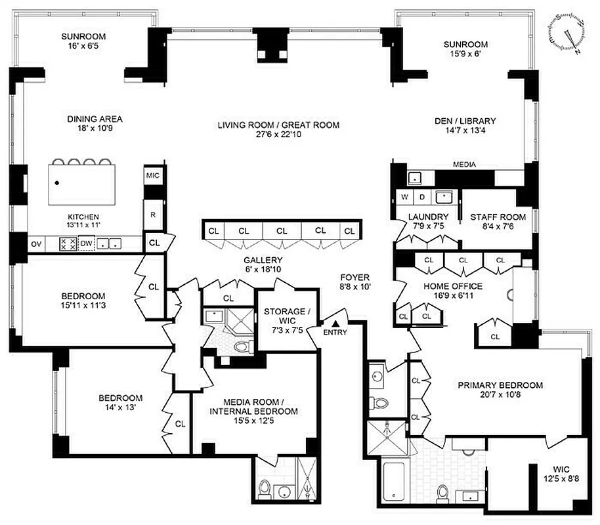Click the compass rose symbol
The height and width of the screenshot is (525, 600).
[568, 33]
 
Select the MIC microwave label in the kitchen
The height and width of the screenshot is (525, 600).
[152, 176]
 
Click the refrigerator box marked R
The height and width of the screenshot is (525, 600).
[152, 214]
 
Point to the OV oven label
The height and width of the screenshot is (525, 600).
[35, 244]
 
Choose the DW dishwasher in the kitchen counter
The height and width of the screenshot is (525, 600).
[86, 244]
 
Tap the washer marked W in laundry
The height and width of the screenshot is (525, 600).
[405, 197]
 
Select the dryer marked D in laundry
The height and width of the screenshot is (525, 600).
[422, 197]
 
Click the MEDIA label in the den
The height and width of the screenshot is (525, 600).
[464, 165]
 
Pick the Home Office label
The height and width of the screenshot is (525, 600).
[453, 286]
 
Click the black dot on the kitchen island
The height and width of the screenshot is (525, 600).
[58, 182]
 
